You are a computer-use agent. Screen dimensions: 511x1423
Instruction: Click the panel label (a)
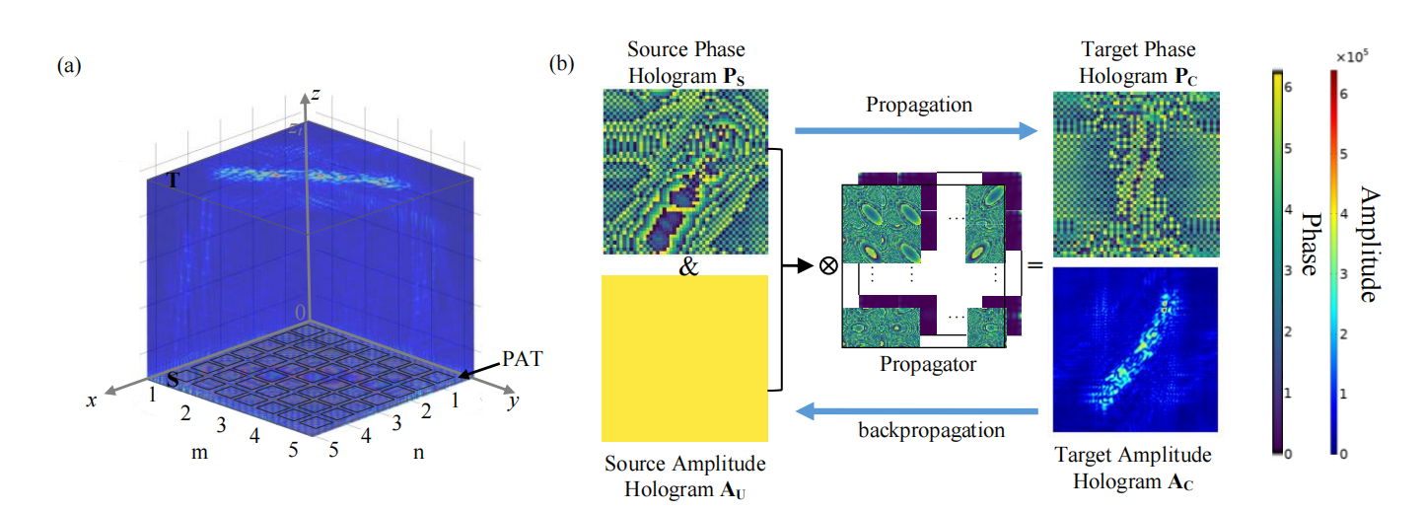(69, 66)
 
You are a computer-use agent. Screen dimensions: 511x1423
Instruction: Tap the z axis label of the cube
(315, 94)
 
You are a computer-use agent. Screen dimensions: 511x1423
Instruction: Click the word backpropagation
(920, 431)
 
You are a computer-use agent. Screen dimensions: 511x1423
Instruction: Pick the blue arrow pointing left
(916, 409)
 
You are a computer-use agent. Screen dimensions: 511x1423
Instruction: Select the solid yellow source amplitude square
(684, 357)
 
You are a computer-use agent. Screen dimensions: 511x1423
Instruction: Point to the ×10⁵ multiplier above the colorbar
(1348, 58)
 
